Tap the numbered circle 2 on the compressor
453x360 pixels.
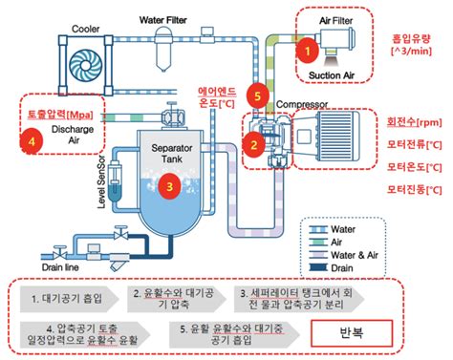coord(253,144)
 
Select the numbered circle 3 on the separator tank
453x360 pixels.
coord(169,186)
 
